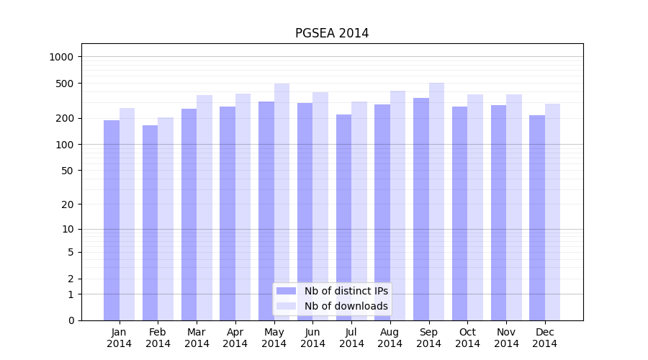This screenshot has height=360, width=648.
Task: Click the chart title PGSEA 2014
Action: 332,34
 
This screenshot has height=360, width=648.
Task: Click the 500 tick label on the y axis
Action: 66,84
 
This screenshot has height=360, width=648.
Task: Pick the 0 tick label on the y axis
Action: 71,320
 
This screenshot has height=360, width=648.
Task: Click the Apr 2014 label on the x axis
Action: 235,338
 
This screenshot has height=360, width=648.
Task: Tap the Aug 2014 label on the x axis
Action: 390,338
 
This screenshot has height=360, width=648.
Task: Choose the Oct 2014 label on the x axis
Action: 467,338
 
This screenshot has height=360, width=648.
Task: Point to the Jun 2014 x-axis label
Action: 312,338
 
